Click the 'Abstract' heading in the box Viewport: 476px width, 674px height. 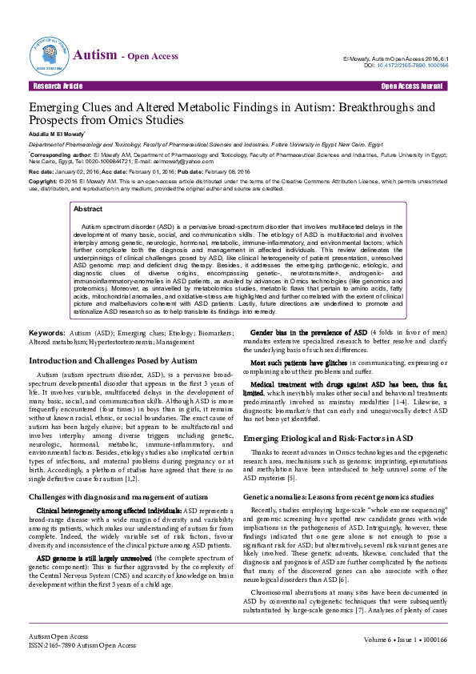pyautogui.click(x=87, y=208)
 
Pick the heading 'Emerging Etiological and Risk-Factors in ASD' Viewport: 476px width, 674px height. pyautogui.click(x=327, y=439)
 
